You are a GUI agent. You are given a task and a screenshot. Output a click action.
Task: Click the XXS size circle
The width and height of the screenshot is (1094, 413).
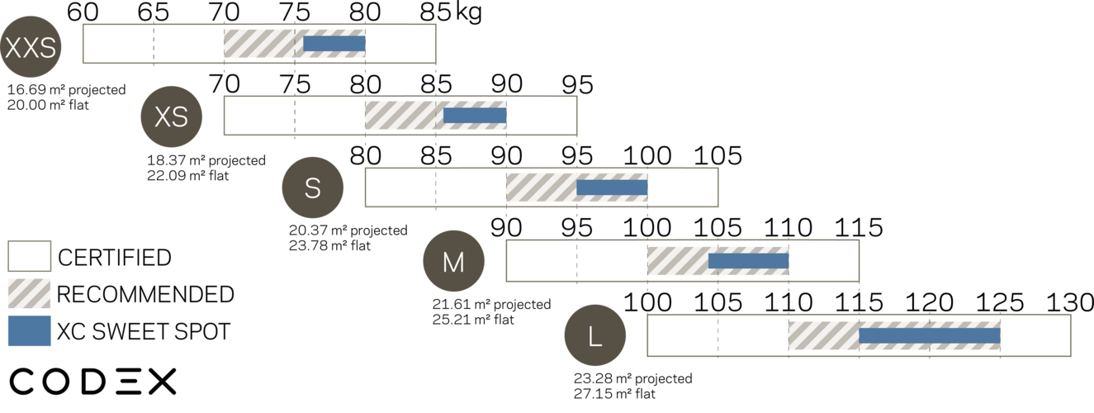31,48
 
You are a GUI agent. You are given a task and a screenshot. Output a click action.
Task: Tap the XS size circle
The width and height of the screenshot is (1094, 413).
172,117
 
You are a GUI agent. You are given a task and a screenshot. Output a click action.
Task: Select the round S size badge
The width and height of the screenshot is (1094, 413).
312,189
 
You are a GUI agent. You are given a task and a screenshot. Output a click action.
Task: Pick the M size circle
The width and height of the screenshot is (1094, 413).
453,262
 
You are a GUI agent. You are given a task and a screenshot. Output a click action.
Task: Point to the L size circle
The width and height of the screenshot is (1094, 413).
594,336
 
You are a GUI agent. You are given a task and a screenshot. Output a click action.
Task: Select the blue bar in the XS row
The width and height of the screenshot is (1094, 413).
475,116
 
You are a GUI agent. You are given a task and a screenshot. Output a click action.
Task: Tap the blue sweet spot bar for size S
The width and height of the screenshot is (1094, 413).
612,188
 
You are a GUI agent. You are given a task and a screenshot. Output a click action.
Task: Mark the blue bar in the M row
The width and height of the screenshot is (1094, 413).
748,261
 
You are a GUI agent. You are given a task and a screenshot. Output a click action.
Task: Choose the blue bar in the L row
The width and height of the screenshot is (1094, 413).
930,336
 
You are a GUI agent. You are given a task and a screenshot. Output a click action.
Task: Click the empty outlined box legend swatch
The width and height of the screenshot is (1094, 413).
30,256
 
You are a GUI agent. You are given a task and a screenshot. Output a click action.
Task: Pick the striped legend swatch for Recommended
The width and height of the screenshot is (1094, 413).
30,293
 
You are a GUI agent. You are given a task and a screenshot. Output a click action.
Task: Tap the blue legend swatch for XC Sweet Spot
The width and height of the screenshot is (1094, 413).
30,330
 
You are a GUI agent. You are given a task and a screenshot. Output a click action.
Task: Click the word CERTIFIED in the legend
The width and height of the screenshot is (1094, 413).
115,258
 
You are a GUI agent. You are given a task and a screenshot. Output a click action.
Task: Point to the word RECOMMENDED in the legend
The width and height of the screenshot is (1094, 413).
146,294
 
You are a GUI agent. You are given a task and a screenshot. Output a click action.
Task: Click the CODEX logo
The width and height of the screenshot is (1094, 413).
93,382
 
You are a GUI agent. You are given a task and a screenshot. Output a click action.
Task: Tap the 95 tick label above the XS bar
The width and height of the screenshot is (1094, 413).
576,84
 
